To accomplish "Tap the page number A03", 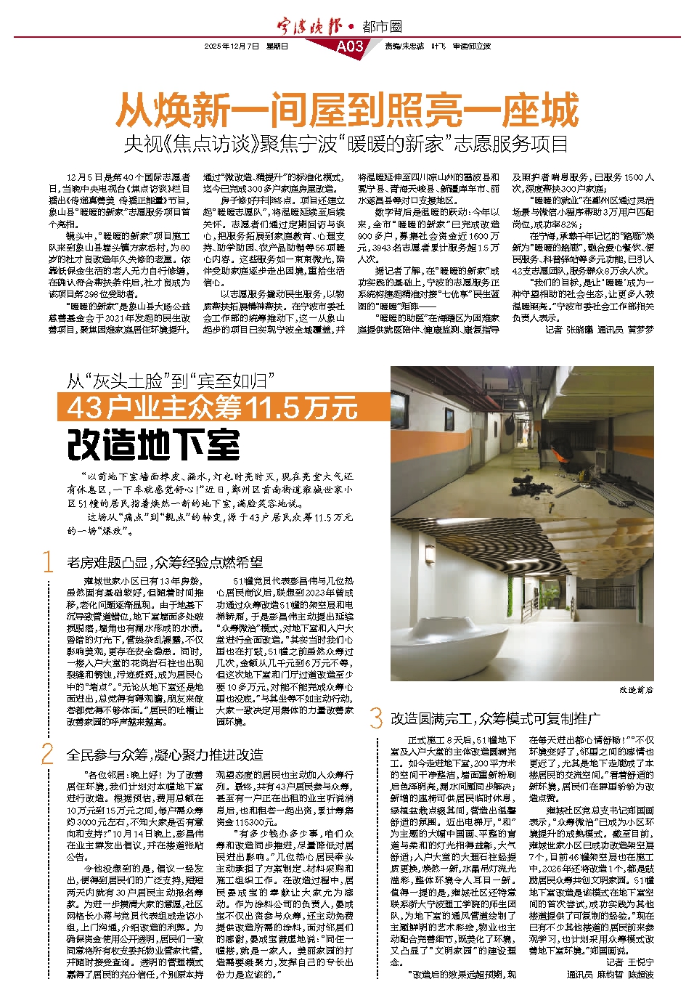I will click(x=350, y=46).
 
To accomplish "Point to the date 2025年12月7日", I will click(x=232, y=46).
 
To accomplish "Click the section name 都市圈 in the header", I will click(x=383, y=27).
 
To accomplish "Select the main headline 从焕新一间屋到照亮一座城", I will click(x=347, y=111).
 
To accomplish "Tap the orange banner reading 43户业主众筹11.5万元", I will click(x=213, y=408).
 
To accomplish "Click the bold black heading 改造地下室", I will click(x=153, y=444).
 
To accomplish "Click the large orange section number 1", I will click(x=48, y=561).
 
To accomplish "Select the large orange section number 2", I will click(x=48, y=754).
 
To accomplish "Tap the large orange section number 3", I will click(x=376, y=718).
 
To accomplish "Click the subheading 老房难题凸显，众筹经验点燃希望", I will click(x=165, y=562).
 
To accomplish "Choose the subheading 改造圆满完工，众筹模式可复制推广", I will click(x=495, y=718).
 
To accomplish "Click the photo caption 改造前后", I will click(x=635, y=689).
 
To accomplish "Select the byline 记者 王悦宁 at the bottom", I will click(x=629, y=962).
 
